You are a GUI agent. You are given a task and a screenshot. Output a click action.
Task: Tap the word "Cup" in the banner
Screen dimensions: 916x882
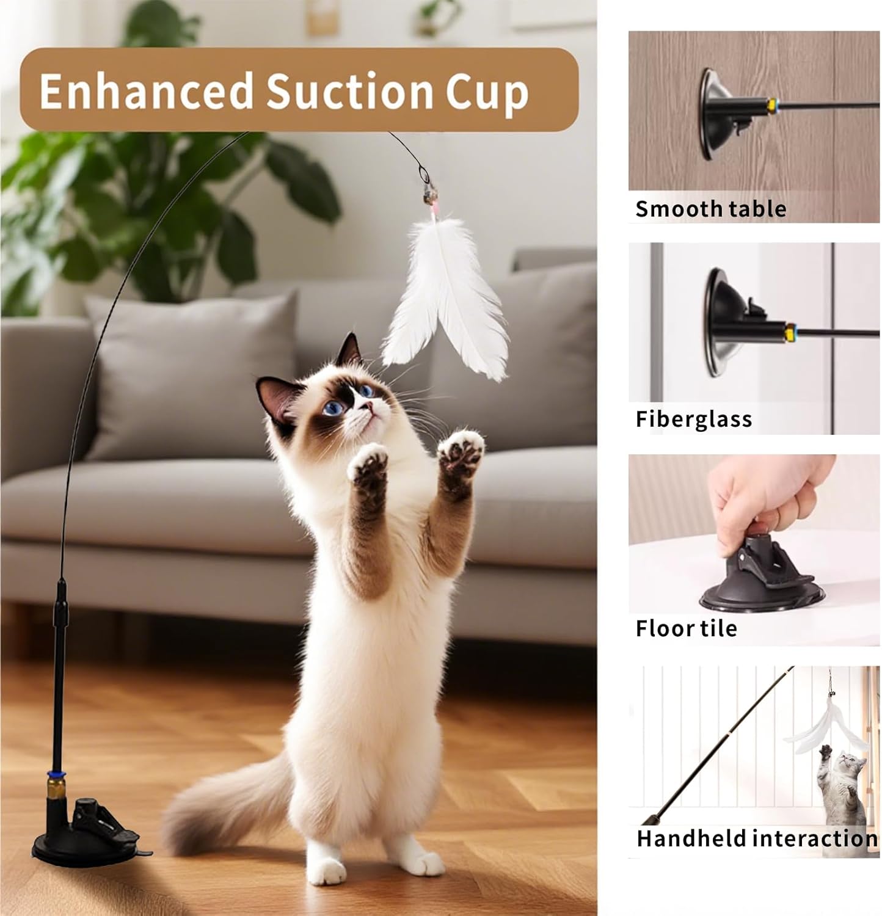point(487,93)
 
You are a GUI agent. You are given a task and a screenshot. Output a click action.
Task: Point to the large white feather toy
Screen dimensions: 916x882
point(446,299)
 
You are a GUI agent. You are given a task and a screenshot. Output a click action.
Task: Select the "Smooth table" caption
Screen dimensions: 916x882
point(710,209)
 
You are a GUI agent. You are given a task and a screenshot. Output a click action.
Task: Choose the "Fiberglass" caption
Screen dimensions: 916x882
point(693,419)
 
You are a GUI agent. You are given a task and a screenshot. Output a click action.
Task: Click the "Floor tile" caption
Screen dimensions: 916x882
point(686,628)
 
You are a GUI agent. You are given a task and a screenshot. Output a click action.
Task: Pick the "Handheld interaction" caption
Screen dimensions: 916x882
point(756,838)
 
